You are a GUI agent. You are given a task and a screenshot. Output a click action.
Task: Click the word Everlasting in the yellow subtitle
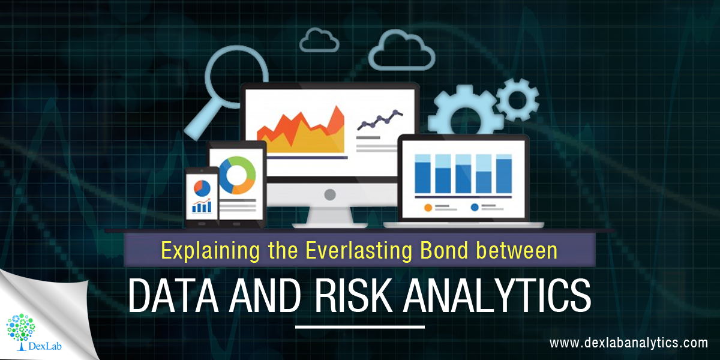pos(359,251)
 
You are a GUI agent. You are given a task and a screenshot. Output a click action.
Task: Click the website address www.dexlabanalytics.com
pos(628,343)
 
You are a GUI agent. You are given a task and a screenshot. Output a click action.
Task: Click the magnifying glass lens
pos(237,76)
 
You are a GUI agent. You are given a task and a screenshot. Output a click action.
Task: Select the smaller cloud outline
pos(319,41)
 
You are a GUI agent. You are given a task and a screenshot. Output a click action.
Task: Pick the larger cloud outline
pos(401,52)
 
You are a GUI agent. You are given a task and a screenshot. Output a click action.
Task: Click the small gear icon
pos(517,99)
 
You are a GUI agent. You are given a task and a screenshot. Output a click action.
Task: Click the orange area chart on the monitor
pos(301,132)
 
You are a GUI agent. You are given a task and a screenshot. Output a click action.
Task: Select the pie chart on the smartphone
pos(202,188)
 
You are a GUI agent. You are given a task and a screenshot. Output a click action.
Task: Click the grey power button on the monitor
pos(330,194)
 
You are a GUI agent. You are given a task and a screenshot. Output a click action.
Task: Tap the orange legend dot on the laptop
pos(428,208)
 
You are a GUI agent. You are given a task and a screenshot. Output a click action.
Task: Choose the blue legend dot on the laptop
pos(475,208)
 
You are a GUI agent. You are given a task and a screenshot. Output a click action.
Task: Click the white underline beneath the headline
pos(360,327)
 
